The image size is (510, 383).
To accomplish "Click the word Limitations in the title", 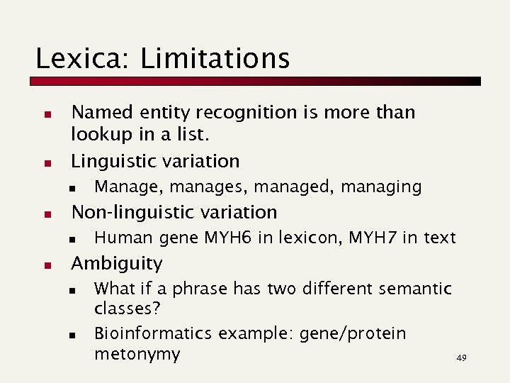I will pos(215,58).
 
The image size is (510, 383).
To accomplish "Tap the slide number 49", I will pos(461,359).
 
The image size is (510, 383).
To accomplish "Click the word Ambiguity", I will pos(117,264).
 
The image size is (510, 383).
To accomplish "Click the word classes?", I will pos(127,310).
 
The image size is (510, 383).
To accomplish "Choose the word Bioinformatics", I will pos(152,333).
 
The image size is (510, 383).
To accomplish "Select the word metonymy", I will pos(137,354).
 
